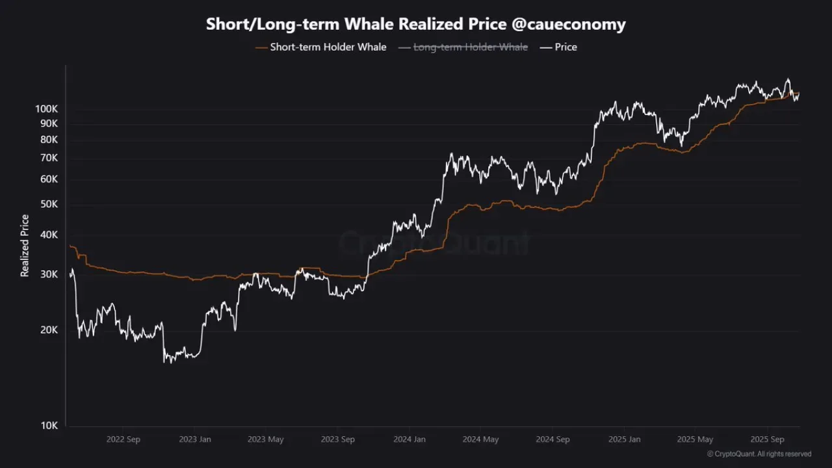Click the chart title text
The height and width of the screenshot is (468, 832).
click(415, 24)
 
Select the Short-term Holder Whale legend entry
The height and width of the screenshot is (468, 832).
click(321, 47)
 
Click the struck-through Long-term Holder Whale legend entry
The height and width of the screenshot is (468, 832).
click(463, 47)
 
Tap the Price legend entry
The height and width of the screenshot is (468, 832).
click(558, 47)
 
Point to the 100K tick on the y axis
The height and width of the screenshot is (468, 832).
click(46, 109)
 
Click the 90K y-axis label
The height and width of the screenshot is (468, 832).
click(49, 123)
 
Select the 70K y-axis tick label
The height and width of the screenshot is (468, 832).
click(49, 158)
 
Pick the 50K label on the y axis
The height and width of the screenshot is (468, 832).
click(49, 204)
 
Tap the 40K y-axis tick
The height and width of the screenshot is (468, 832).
click(49, 235)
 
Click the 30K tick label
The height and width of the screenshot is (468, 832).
click(49, 274)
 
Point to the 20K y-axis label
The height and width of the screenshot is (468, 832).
click(49, 330)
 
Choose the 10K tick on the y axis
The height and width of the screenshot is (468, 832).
click(49, 425)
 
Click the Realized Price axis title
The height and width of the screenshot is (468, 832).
click(25, 246)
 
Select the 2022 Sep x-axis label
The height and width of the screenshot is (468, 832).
click(123, 439)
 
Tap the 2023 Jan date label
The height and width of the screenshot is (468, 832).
click(195, 439)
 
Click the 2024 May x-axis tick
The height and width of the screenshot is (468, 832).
click(480, 439)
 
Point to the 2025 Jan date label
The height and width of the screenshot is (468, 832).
click(625, 439)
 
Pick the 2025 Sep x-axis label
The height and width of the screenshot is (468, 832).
click(768, 439)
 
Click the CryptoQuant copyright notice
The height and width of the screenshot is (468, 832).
click(759, 454)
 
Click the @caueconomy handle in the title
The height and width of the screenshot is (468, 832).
click(569, 25)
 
